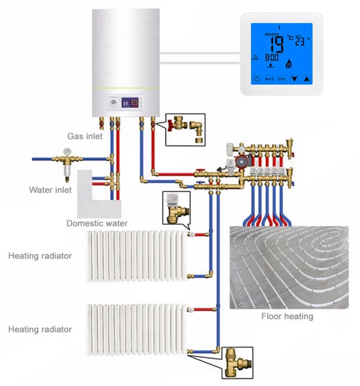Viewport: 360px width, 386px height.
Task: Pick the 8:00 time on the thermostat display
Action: [272, 58]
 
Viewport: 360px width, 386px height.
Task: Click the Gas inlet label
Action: [85, 136]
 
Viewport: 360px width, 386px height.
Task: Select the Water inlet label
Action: [50, 190]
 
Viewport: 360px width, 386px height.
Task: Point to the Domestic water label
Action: [97, 223]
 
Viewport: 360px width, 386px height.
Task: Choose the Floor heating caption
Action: [287, 316]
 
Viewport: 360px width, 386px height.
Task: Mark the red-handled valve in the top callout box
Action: [177, 122]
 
